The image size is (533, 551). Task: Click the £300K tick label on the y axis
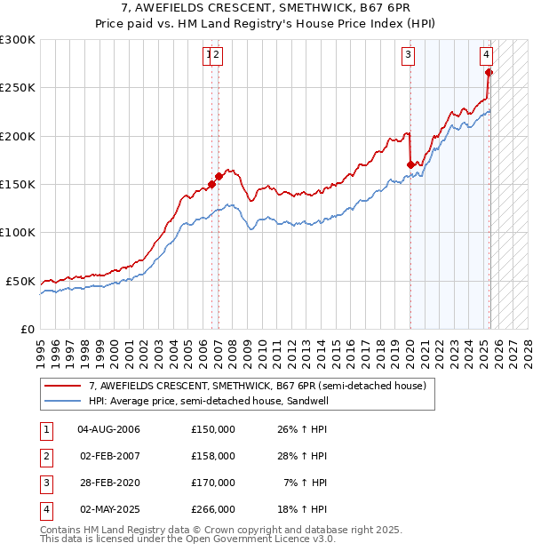pyautogui.click(x=18, y=40)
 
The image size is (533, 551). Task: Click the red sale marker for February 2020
pyautogui.click(x=410, y=164)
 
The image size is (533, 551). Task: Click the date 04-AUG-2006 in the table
pyautogui.click(x=108, y=430)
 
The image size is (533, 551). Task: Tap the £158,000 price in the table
pyautogui.click(x=213, y=456)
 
